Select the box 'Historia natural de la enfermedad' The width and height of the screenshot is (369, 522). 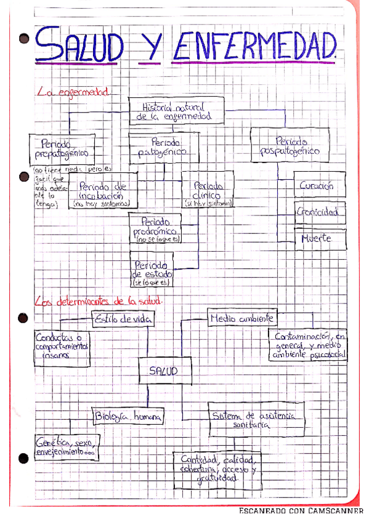176,111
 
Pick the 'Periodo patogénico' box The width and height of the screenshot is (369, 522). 163,147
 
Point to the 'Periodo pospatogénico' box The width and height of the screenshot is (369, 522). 290,146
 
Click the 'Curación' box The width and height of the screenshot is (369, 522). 318,185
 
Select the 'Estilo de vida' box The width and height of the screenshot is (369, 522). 123,318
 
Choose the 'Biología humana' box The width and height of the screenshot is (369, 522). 128,417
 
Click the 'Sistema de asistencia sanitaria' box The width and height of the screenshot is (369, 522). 256,420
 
